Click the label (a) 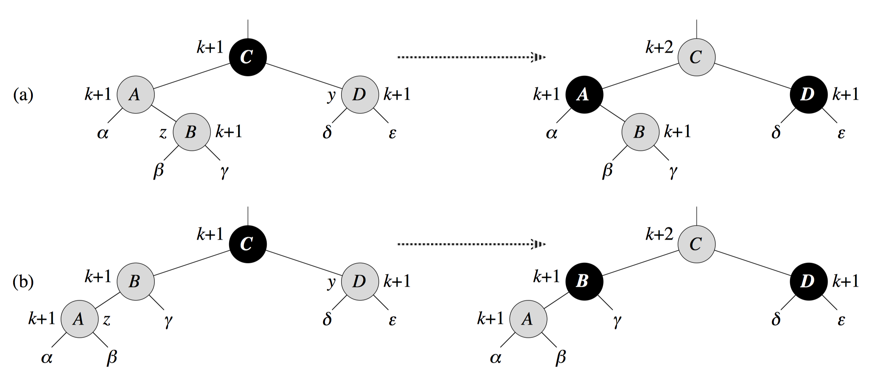[x=23, y=95]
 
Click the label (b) [x=23, y=282]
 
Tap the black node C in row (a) [x=248, y=57]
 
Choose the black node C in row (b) [x=248, y=244]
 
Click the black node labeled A [x=584, y=95]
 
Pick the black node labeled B [x=584, y=281]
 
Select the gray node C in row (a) [x=696, y=57]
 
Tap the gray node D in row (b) [x=360, y=281]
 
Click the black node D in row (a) [x=808, y=95]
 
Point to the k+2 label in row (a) [x=659, y=48]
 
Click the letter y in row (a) [x=331, y=95]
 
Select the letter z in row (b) [x=107, y=320]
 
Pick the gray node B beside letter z [x=192, y=132]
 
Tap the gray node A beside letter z [x=80, y=319]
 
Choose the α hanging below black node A [x=552, y=134]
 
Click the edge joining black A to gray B [x=612, y=113]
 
